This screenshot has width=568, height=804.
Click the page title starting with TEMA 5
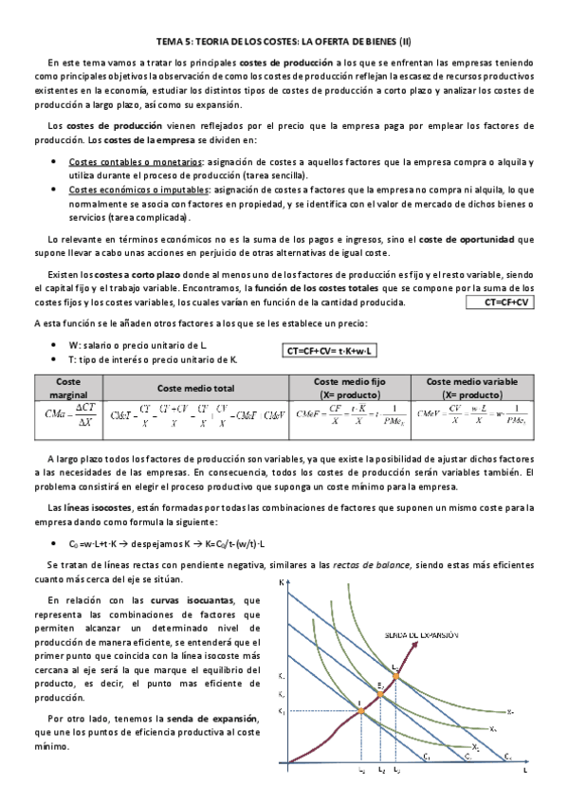point(284,42)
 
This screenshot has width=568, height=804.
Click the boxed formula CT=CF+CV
point(503,302)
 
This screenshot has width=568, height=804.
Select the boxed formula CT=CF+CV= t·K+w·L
point(330,351)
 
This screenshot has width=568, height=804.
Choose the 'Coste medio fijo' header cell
point(349,387)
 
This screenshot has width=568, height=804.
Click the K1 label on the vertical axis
point(281,712)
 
